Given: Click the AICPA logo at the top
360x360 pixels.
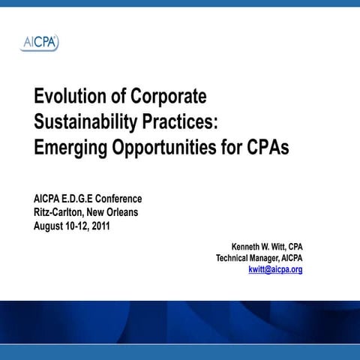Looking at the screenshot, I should pyautogui.click(x=39, y=43).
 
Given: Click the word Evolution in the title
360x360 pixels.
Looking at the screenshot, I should pyautogui.click(x=70, y=97).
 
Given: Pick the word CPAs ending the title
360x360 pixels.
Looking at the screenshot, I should pyautogui.click(x=267, y=147).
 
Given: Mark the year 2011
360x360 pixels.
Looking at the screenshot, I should pyautogui.click(x=100, y=226).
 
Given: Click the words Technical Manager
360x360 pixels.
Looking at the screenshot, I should pyautogui.click(x=247, y=258).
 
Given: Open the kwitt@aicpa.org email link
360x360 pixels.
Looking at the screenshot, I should pyautogui.click(x=275, y=270).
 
